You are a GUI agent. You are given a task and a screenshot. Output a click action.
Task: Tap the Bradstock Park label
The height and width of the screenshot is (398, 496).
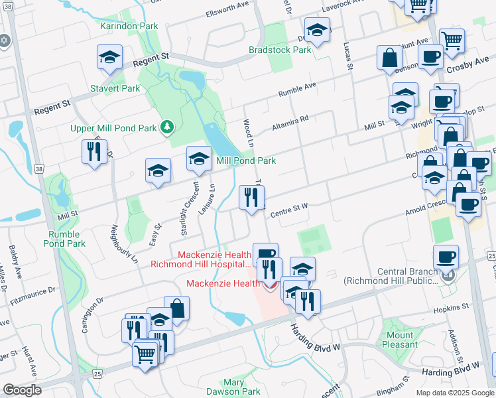(280, 50)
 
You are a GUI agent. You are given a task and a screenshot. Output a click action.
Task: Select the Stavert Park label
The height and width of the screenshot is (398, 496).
(115, 88)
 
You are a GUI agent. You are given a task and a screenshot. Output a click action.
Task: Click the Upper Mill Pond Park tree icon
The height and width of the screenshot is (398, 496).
(168, 126)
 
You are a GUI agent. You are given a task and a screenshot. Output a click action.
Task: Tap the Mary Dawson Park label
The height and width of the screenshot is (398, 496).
(242, 387)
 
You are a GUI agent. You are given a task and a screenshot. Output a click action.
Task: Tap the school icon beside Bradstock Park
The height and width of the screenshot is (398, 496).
(318, 30)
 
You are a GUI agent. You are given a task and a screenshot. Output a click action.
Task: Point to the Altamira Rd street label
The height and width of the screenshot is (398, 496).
(290, 123)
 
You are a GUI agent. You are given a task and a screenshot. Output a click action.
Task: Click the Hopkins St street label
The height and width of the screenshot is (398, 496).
(450, 308)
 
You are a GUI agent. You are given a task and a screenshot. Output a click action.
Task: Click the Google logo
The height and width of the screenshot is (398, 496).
(22, 390)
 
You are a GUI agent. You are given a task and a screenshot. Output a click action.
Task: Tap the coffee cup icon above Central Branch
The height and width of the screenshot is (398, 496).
(446, 257)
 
